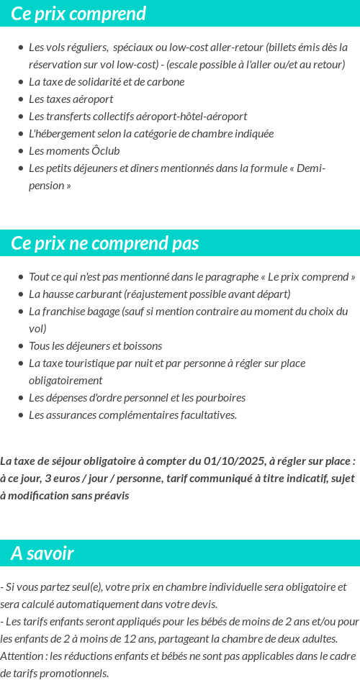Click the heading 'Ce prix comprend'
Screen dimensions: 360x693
[78, 14]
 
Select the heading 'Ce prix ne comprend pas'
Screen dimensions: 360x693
[105, 243]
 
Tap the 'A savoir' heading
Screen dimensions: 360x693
[42, 553]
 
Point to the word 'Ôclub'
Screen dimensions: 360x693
[105, 151]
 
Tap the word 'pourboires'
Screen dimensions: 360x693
[220, 398]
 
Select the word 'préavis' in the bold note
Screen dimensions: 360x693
[110, 496]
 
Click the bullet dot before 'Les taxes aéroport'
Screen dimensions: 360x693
[21, 99]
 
